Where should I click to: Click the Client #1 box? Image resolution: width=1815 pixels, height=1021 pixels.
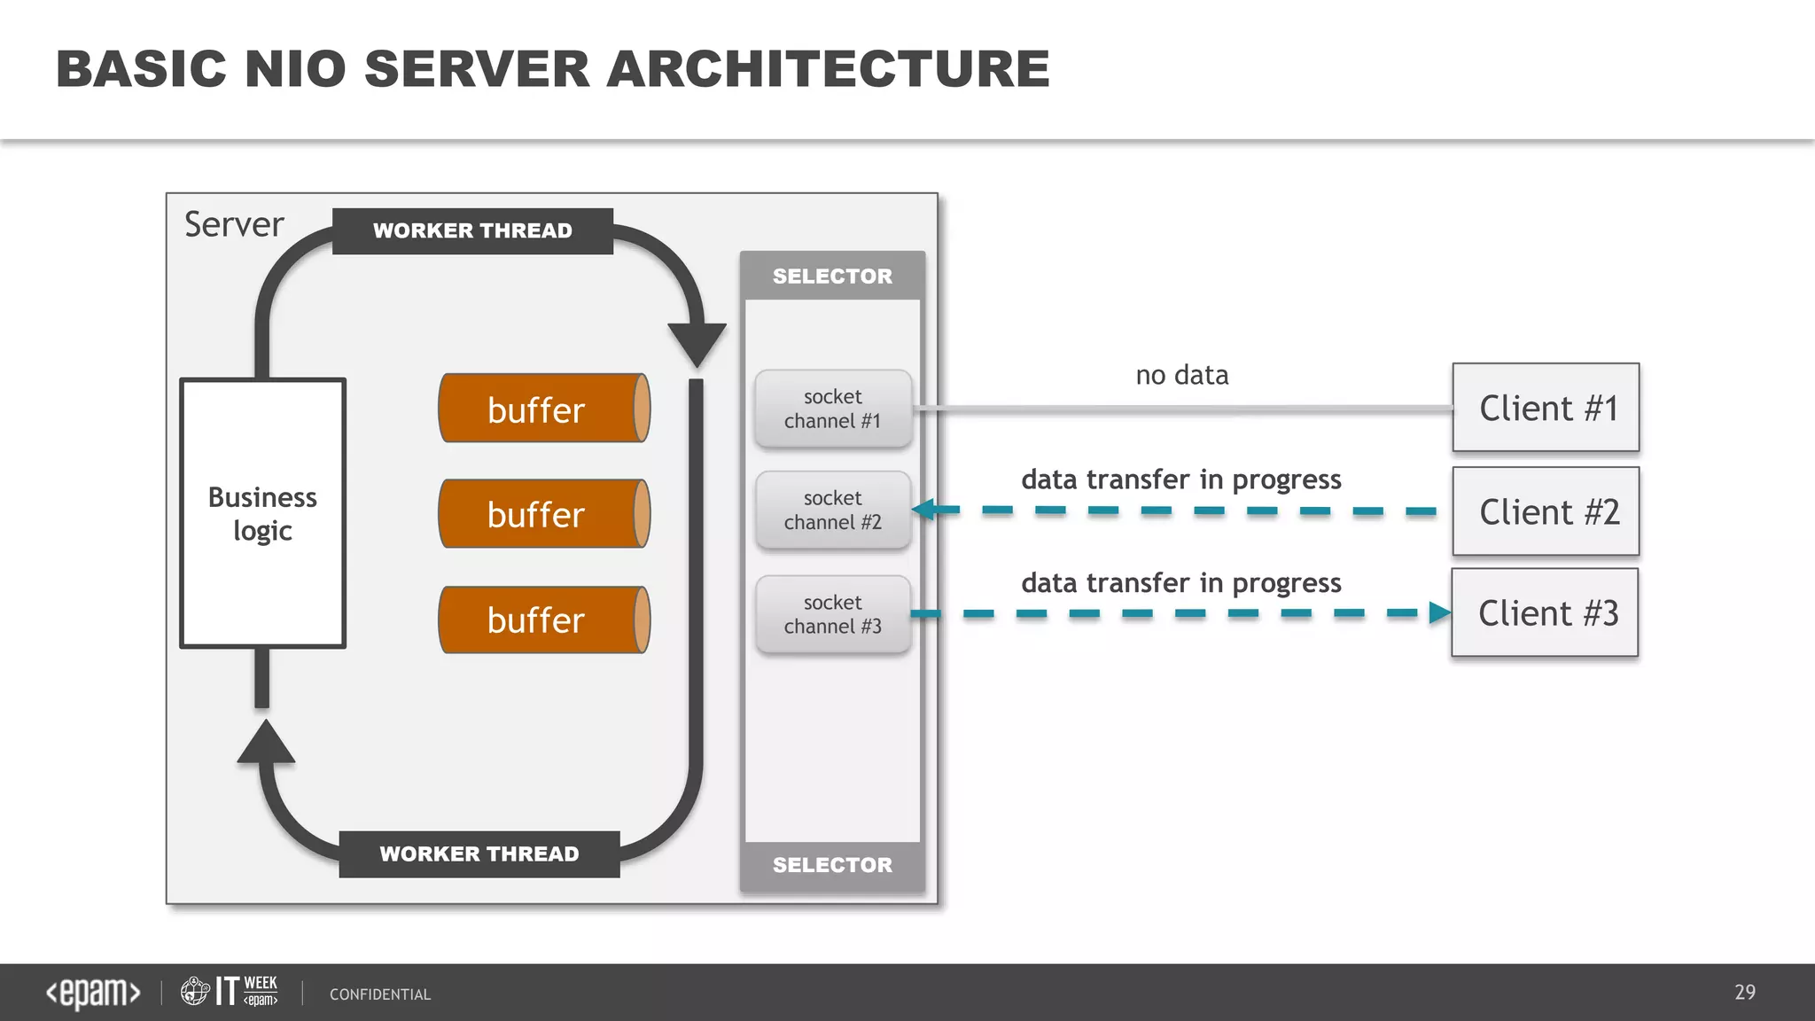(1546, 408)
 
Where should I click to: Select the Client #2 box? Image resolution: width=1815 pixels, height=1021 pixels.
(1546, 511)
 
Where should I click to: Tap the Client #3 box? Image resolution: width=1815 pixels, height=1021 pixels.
(1545, 612)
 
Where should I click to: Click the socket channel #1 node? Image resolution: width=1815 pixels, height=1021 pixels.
(832, 409)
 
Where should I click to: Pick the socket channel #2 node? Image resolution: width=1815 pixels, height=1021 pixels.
(832, 510)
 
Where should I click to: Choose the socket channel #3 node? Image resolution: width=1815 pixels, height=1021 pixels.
(832, 614)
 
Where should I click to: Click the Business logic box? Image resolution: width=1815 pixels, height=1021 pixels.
(262, 513)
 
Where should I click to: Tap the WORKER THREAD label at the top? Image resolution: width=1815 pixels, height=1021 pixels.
(472, 231)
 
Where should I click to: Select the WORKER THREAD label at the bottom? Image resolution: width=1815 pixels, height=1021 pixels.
(479, 854)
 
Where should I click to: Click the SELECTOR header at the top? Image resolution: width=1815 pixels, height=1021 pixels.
(832, 276)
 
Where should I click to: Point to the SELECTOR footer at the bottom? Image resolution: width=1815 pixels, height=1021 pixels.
(832, 865)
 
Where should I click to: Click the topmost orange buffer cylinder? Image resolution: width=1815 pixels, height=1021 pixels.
(544, 409)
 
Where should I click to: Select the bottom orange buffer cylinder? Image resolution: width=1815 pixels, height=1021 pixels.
(544, 620)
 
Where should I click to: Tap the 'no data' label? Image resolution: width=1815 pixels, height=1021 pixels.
(1181, 375)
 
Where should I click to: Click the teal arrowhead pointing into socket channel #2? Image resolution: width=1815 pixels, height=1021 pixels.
(925, 510)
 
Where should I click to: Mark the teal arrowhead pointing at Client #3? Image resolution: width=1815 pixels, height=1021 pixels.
(1439, 612)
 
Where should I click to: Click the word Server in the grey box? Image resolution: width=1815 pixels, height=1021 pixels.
(234, 224)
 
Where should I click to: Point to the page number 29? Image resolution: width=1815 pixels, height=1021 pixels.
(1744, 992)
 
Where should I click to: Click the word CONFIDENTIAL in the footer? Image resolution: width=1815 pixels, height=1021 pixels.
(380, 994)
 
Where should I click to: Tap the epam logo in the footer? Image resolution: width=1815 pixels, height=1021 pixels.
(93, 993)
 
